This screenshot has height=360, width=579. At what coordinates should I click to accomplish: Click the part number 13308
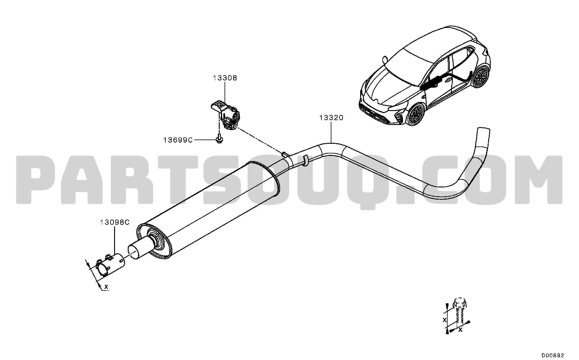pos(225,78)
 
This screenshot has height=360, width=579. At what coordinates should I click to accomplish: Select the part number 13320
pos(331,118)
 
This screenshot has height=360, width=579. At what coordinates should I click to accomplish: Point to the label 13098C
pos(115,222)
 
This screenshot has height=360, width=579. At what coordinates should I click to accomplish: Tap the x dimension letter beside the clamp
pos(106,286)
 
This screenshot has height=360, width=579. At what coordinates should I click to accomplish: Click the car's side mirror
pos(385,59)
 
